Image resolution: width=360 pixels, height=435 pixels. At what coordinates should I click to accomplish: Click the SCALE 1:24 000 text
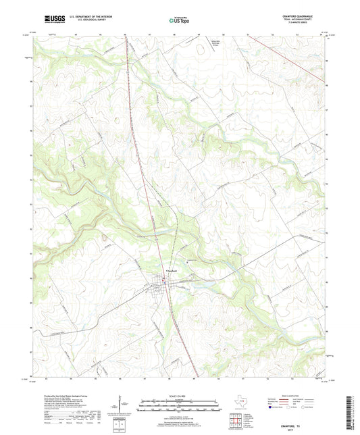coord(179,396)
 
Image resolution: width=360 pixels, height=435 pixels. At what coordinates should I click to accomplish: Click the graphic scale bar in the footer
coord(179,405)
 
